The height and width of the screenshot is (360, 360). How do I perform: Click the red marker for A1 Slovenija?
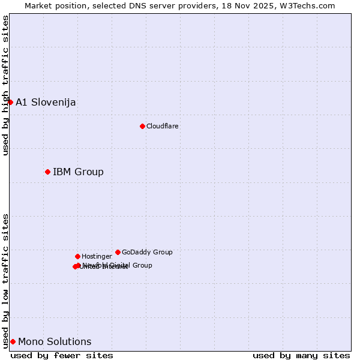pos(10,102)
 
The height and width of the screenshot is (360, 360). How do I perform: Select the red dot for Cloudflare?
pos(142,126)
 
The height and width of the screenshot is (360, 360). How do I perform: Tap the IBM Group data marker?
pos(47,172)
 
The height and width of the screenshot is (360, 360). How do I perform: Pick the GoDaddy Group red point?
pos(118,252)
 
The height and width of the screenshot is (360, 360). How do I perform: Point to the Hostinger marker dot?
pos(77,256)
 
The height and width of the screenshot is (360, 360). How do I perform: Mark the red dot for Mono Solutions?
pos(13,342)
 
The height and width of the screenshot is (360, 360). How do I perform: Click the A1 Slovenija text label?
pos(46,102)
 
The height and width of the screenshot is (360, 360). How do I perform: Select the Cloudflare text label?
pos(162,126)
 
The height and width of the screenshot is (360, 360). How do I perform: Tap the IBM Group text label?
pos(78,172)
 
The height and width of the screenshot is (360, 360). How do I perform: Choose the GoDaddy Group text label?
pos(147,252)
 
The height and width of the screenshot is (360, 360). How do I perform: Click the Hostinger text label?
pos(97,256)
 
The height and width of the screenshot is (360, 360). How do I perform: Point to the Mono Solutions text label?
pos(55,342)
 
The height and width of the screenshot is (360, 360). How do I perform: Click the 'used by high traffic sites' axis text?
pos(5,85)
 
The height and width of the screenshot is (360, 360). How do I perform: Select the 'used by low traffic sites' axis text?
pos(5,280)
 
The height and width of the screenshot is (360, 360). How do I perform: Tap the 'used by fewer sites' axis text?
pos(62,355)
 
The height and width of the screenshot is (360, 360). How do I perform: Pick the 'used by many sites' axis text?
pos(301,355)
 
